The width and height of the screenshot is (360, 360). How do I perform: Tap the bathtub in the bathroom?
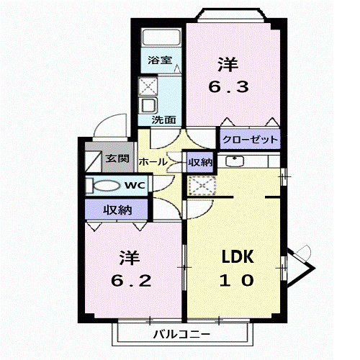coord(161,37)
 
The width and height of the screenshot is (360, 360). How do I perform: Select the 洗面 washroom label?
coord(164,120)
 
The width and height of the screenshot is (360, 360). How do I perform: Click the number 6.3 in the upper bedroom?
coord(228,87)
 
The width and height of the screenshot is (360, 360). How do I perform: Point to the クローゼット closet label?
coord(250,140)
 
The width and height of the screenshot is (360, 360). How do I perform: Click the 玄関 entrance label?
coord(117,158)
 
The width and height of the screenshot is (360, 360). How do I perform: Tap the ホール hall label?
coord(153,162)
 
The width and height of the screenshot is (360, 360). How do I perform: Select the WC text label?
coord(135,185)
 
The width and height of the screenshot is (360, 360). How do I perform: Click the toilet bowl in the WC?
coord(106,186)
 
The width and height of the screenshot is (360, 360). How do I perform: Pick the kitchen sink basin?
coord(235,161)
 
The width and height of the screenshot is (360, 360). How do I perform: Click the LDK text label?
coord(238,256)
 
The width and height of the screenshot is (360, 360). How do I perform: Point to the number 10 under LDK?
coord(237,280)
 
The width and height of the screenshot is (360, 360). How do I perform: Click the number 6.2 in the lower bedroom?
coord(131,281)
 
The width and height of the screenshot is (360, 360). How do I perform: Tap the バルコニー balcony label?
coord(181,334)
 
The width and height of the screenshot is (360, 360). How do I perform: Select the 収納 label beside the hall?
coord(200,163)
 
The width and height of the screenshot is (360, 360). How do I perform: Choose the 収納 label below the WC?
coord(117,210)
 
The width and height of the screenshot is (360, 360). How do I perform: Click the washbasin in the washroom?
coord(149,106)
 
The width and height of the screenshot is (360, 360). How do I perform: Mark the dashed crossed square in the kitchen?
coord(202,186)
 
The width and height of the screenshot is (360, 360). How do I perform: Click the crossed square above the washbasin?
coord(148,86)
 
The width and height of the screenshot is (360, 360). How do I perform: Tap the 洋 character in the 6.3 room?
coord(228,64)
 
